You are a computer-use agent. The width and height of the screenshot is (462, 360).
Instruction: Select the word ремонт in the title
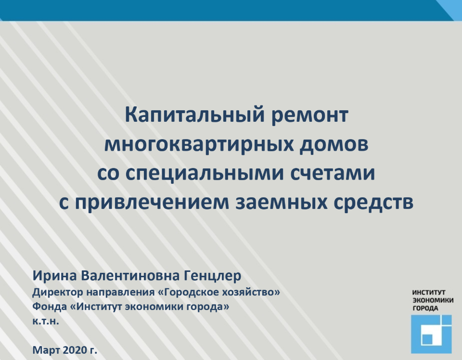[309, 115]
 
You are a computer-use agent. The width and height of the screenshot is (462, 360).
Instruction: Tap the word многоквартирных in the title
[199, 145]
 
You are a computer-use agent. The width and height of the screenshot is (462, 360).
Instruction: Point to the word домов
[334, 145]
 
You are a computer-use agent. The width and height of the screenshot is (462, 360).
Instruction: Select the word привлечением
[152, 203]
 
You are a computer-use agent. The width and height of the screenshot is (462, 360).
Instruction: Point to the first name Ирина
[54, 275]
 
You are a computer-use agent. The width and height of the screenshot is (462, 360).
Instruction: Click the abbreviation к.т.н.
[46, 321]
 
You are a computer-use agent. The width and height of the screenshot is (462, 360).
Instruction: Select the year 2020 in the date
[74, 350]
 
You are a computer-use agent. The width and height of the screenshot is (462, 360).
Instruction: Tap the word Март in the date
[46, 350]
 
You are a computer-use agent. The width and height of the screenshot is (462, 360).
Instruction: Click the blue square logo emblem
[431, 334]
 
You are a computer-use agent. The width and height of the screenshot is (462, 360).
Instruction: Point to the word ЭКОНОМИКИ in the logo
[433, 300]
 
